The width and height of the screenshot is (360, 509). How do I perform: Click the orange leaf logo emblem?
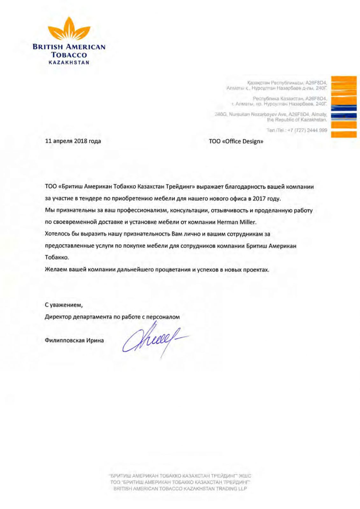pyautogui.click(x=69, y=30)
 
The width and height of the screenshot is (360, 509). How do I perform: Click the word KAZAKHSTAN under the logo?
pyautogui.click(x=69, y=62)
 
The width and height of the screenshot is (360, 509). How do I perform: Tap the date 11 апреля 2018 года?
pyautogui.click(x=73, y=141)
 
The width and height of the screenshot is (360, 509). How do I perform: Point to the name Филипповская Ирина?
pyautogui.click(x=75, y=341)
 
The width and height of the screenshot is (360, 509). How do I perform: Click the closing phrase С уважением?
pyautogui.click(x=64, y=304)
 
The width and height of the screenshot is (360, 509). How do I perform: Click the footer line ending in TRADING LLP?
pyautogui.click(x=180, y=489)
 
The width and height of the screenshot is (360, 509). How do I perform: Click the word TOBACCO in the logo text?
pyautogui.click(x=69, y=54)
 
